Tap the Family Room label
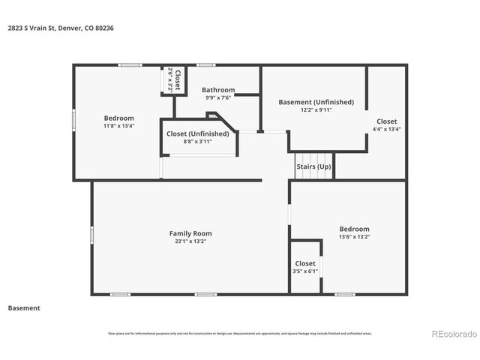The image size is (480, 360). coord(190,233)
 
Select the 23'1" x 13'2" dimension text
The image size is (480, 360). coord(190,241)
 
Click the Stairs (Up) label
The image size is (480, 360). coord(313,166)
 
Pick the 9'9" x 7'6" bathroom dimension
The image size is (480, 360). coord(218,97)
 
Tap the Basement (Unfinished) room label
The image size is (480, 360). coord(316,102)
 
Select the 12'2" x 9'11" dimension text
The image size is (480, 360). coord(316,110)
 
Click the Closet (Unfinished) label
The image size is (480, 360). coord(198,133)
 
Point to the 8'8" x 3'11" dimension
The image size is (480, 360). coord(198,141)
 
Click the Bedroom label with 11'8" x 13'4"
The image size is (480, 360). coord(118,118)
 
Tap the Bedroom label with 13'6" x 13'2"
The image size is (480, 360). coord(354,229)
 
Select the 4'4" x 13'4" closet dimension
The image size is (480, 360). coord(386,129)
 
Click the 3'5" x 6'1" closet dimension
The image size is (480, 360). coord(305,271)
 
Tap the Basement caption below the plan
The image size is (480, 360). coord(24,307)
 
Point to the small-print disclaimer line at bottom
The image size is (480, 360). coord(239,334)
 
